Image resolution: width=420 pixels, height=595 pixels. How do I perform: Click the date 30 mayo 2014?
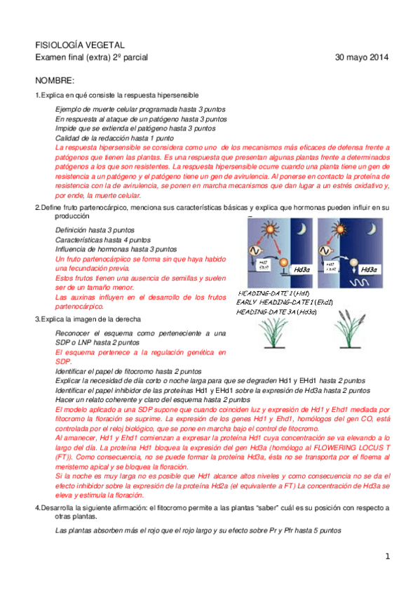[x=361, y=57]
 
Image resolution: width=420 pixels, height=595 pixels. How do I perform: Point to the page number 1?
[x=386, y=556]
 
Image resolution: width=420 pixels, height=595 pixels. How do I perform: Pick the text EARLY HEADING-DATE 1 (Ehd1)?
[x=284, y=302]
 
